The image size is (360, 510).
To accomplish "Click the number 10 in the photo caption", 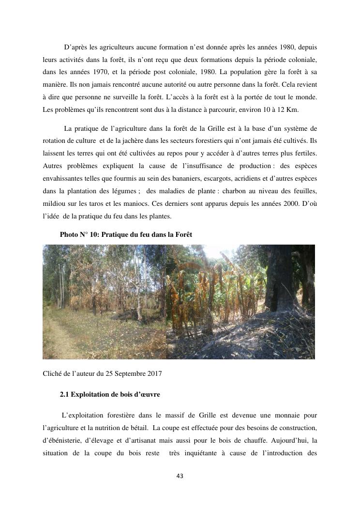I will pyautogui.click(x=93, y=234).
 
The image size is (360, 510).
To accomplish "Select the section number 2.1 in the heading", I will pyautogui.click(x=65, y=394).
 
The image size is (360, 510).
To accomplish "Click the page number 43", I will pyautogui.click(x=180, y=476).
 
